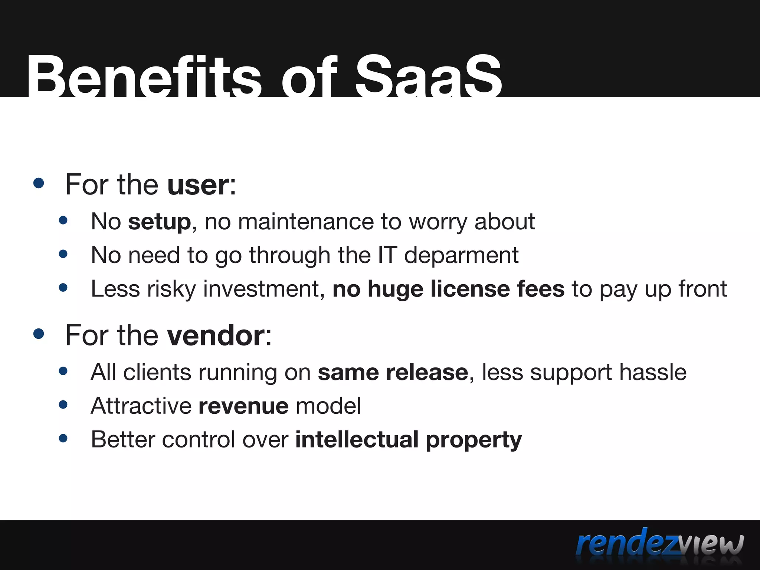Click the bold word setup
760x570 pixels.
pos(159,222)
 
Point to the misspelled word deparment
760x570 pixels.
pos(461,256)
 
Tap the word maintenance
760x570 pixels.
pos(305,222)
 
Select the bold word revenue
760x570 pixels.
pos(243,406)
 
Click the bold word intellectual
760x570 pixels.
pos(357,440)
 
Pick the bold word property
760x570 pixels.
pos(474,440)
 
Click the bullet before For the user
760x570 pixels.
pos(39,183)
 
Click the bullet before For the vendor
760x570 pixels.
pos(39,333)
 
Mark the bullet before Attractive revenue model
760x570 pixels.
pos(63,404)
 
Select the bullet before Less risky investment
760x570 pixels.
pos(63,288)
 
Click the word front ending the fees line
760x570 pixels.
pos(702,289)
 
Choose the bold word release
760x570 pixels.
pos(427,372)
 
